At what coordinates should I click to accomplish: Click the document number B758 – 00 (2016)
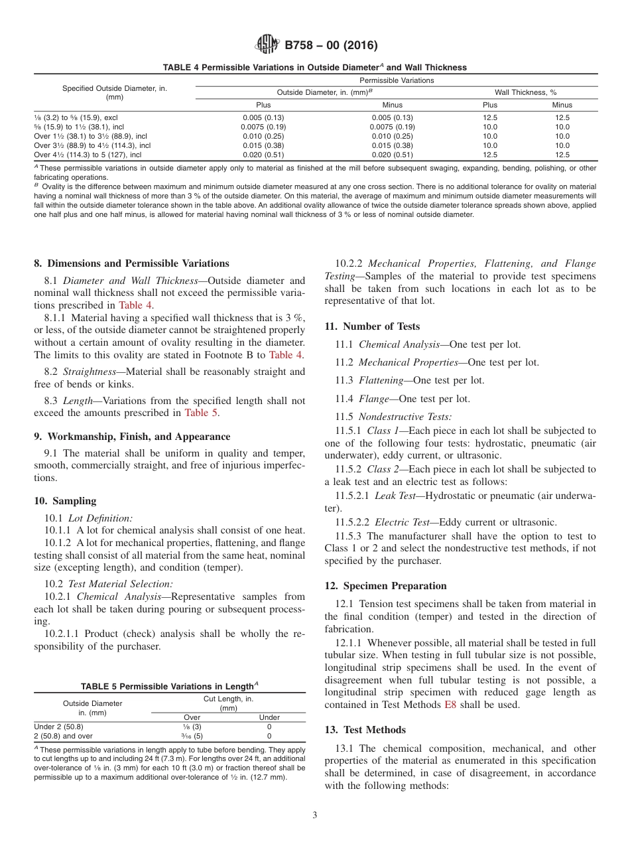pos(331,46)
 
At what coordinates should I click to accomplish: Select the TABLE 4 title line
pos(315,67)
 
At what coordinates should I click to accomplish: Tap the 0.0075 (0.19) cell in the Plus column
pos(263,127)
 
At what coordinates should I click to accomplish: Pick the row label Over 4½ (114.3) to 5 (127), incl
pos(88,155)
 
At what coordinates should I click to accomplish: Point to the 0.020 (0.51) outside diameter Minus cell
pos(393,155)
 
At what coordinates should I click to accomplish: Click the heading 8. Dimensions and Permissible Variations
pos(131,263)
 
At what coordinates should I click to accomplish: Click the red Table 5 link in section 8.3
pos(201,413)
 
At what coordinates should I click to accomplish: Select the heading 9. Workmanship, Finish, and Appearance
pos(132,437)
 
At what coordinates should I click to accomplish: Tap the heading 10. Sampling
pos(65,501)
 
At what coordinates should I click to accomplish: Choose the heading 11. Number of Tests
pos(372,326)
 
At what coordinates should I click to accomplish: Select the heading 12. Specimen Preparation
pos(385,586)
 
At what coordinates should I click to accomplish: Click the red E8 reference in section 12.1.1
pos(450,705)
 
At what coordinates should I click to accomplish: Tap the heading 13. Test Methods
pos(365,730)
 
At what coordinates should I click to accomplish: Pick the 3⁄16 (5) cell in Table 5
pos(192,736)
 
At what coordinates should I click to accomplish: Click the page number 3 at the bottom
pos(315,815)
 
